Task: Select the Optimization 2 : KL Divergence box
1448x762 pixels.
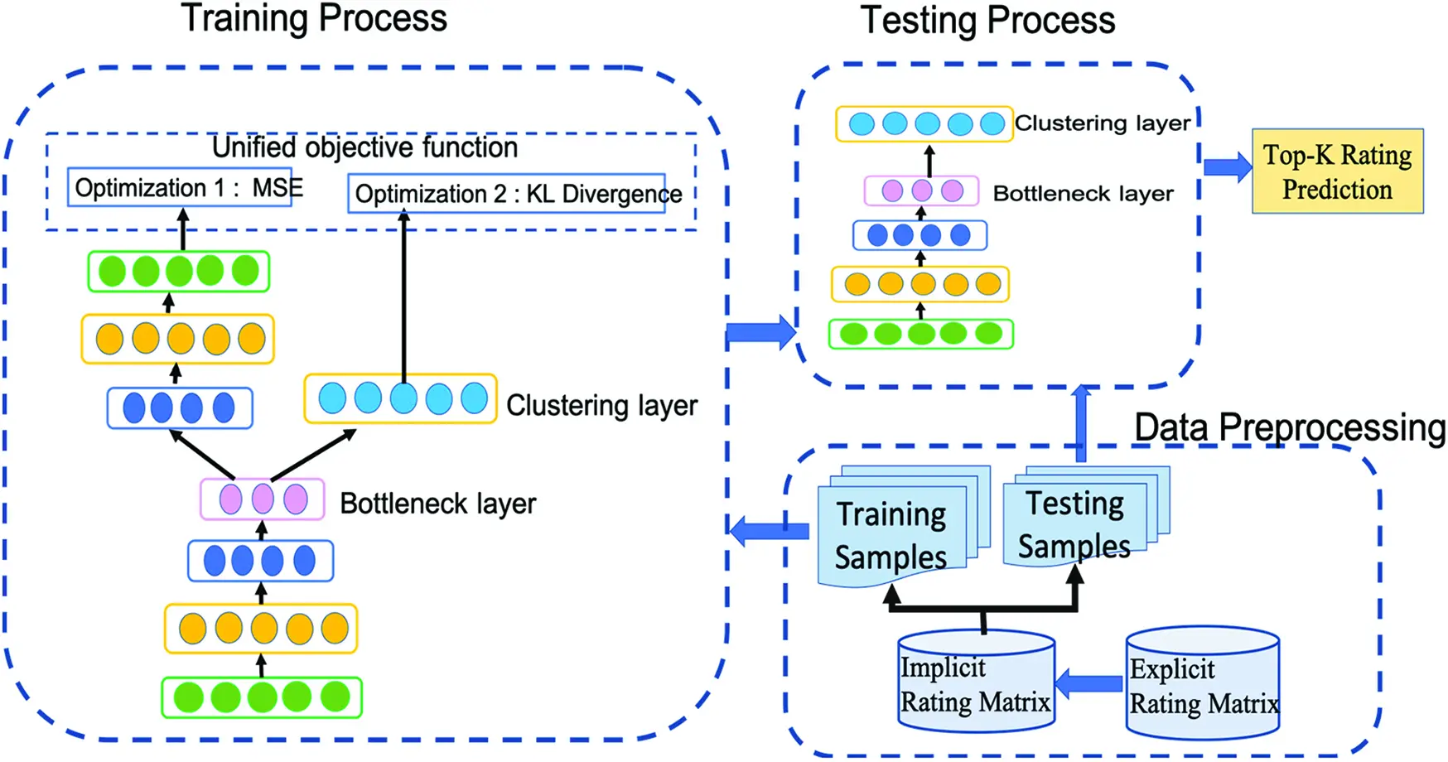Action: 507,194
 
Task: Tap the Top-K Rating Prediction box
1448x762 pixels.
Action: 1337,171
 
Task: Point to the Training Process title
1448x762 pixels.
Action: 314,18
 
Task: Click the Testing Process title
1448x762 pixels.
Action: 987,20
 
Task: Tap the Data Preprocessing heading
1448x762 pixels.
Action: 1289,427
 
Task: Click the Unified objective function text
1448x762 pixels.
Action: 364,147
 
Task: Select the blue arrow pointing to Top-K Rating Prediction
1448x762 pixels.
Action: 1227,166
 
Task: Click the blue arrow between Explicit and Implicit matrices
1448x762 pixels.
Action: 1090,683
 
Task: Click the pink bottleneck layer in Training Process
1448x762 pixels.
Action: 262,499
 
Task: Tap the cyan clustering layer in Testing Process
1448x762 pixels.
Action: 924,124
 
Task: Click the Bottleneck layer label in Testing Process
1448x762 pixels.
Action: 1083,194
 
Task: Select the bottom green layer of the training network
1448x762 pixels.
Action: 262,697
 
